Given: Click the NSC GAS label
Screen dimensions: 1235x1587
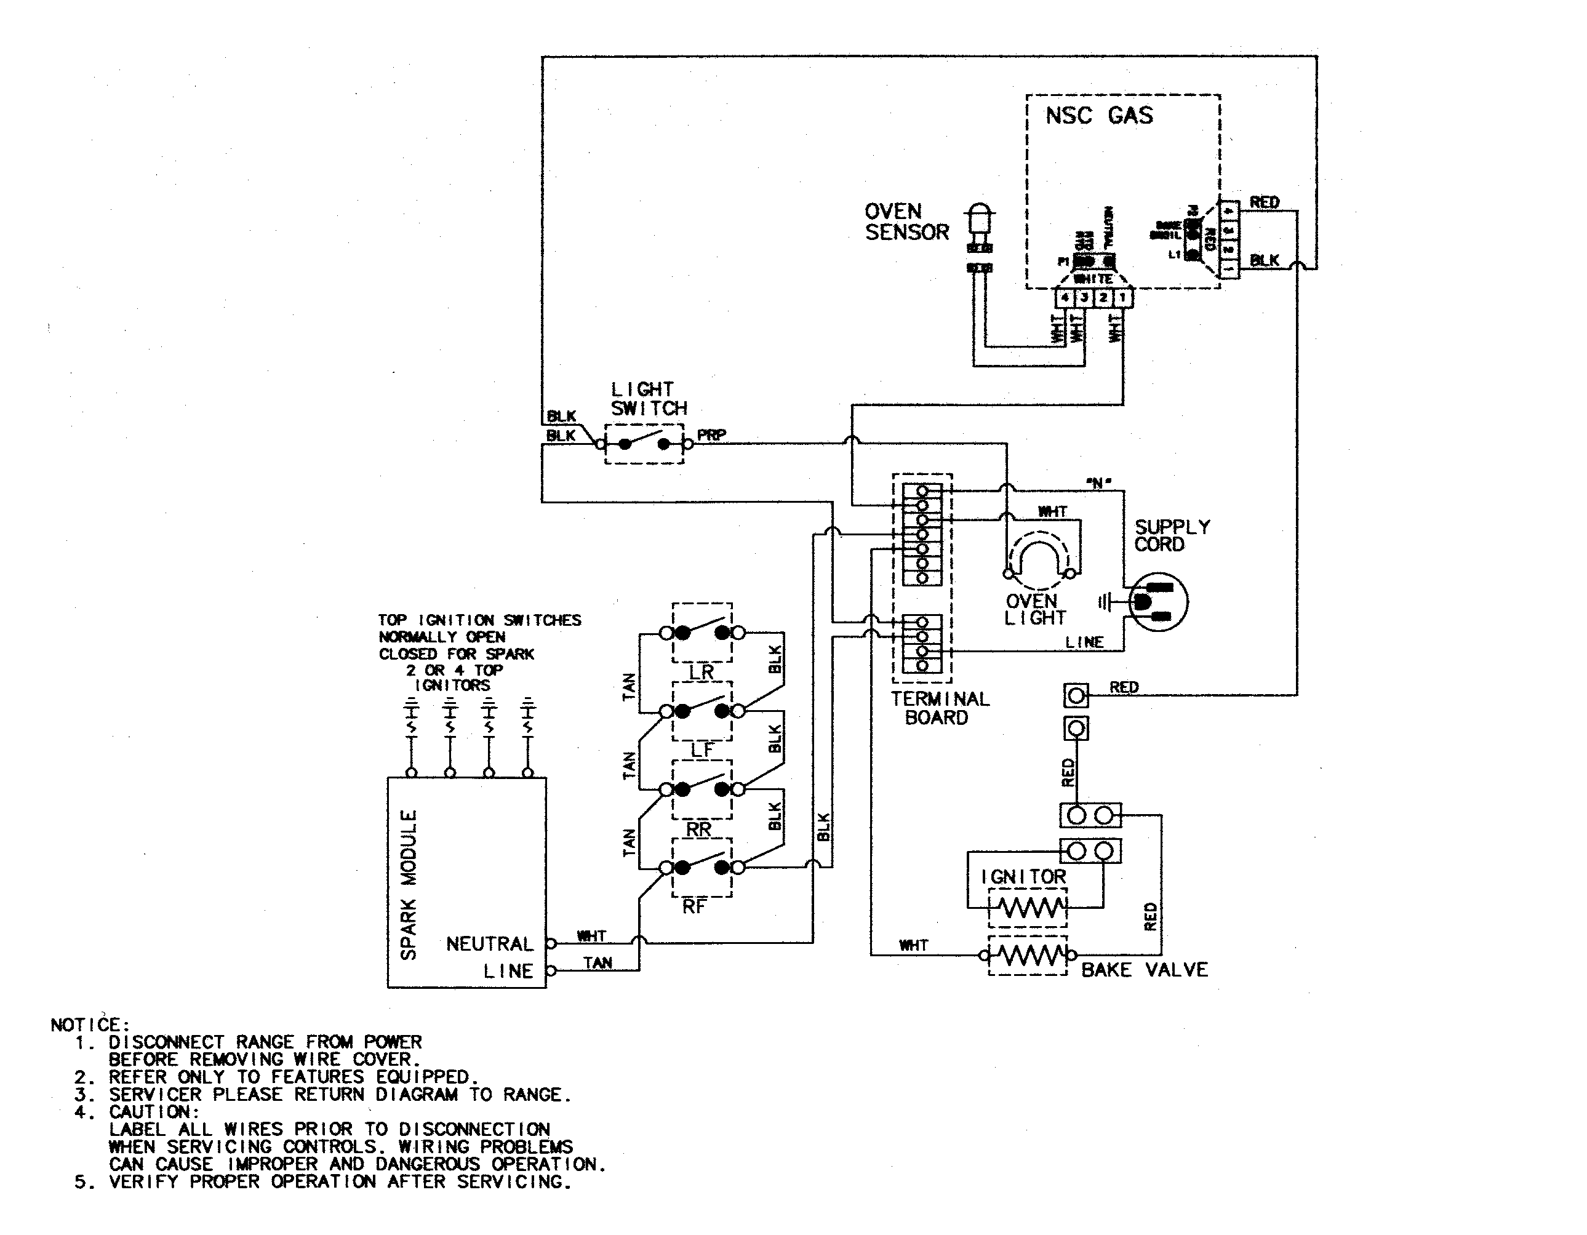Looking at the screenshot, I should pos(1098,116).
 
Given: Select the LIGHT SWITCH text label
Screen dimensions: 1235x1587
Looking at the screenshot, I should pos(648,399).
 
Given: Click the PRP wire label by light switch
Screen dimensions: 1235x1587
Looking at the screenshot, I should pos(711,435).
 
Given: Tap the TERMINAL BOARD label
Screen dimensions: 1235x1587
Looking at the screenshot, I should pos(940,708).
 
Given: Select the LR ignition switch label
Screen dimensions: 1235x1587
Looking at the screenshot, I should pos(702,672).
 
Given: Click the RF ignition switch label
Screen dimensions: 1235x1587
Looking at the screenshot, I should pos(694,906).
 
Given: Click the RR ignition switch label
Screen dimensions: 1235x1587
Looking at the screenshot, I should pos(699,829).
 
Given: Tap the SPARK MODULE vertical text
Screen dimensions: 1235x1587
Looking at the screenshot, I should pos(409,884).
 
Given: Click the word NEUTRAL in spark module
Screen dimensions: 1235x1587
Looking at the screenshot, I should pos(489,944).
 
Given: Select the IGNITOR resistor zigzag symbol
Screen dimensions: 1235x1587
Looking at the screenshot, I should pos(1028,908).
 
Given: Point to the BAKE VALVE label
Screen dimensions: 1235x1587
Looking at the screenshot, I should pos(1145,970).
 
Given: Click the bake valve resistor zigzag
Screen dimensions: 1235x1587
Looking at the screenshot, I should pos(1028,955).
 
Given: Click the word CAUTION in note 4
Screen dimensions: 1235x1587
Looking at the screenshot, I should pos(153,1112).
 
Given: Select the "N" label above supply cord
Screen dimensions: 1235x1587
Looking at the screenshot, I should pos(1098,482).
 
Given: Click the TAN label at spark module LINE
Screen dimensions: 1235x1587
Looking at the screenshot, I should pos(598,962).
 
